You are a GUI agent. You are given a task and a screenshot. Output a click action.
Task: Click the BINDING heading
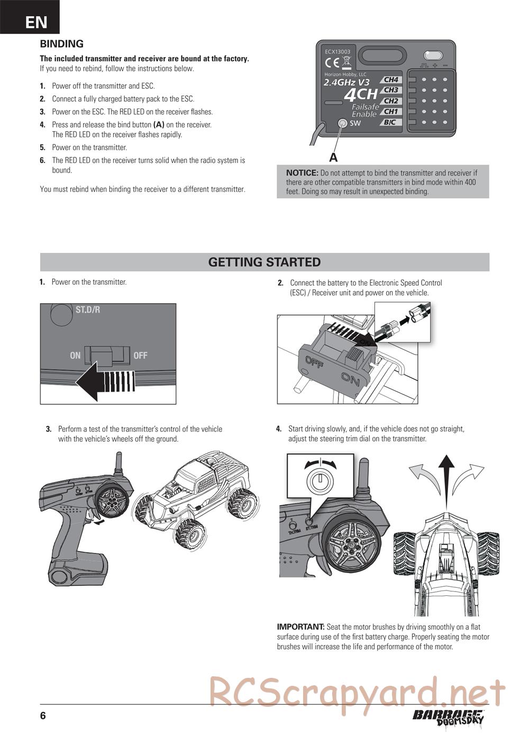62,44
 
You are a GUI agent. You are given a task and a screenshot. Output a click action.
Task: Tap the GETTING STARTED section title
264,262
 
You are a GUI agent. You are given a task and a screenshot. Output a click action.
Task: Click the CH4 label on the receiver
391,80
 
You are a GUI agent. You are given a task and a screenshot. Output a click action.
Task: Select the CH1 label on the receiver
391,112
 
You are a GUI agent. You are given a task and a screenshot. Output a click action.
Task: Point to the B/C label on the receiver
389,122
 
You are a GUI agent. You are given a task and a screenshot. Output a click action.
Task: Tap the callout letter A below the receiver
333,157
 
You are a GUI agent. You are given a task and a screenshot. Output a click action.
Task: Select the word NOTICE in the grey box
302,173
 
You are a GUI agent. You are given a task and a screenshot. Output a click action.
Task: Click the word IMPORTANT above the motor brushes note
300,627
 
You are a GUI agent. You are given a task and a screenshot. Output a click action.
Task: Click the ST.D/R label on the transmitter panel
87,310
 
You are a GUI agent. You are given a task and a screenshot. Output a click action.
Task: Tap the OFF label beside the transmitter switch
140,356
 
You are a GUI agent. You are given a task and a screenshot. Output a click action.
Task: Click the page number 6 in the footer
43,716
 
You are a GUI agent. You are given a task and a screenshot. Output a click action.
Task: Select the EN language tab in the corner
36,22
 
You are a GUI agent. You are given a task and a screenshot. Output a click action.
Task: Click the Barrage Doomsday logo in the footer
448,717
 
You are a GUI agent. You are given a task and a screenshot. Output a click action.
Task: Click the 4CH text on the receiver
360,95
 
